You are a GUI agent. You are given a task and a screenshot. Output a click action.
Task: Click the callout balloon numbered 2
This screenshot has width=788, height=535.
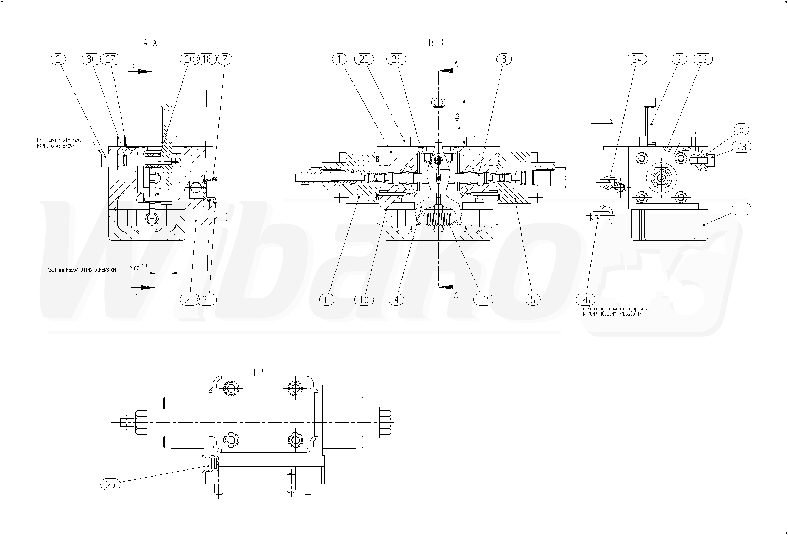59,59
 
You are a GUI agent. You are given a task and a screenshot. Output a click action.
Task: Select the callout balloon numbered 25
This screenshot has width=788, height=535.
110,484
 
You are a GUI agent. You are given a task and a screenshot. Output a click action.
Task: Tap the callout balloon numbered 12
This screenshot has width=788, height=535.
483,300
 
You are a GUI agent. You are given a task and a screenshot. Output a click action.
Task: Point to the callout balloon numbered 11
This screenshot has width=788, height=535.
741,209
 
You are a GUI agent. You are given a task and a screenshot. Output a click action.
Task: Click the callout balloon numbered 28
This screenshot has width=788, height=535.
396,59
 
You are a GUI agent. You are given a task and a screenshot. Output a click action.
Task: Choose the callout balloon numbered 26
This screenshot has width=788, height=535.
585,300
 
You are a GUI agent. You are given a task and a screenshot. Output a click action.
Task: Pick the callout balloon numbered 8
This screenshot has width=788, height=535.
741,129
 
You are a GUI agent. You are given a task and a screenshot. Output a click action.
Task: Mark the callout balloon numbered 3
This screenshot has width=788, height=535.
504,59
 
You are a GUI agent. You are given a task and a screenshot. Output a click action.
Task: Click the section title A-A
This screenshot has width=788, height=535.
150,43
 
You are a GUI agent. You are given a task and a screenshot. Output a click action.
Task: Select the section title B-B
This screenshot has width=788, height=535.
436,43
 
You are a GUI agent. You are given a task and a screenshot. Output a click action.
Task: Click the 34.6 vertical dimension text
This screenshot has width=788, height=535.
459,123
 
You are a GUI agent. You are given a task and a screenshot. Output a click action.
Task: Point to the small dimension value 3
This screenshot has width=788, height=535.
611,121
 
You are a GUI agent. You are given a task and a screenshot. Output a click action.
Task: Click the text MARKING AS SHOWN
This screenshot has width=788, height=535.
56,146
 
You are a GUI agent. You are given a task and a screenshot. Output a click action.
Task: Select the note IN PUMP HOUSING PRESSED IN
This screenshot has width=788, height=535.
612,314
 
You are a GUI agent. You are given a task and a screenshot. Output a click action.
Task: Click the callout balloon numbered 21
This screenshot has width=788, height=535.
189,300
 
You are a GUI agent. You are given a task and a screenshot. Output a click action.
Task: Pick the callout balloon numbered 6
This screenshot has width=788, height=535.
327,300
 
